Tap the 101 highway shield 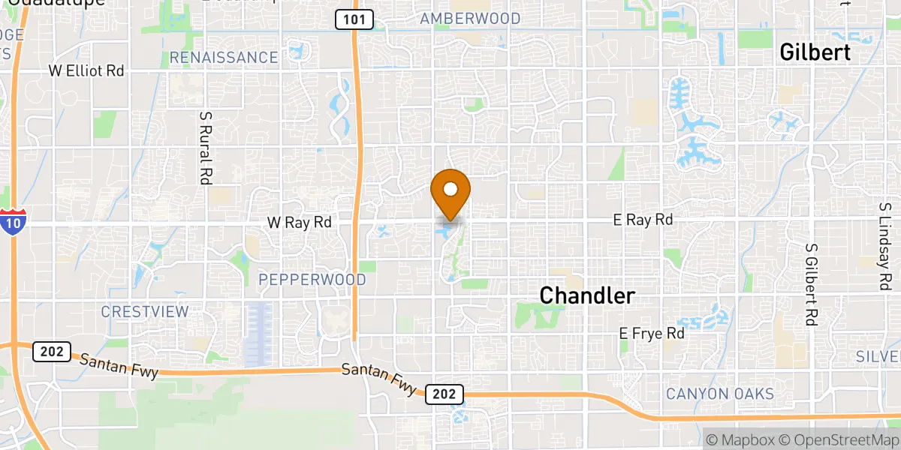pos(354,20)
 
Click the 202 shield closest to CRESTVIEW pos(52,351)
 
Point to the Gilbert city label pos(815,52)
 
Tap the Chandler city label pos(587,295)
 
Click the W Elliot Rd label pos(86,70)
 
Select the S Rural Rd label pos(204,148)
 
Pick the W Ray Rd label pos(300,222)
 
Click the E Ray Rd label pos(643,220)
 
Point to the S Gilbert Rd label pos(810,283)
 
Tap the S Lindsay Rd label pos(884,246)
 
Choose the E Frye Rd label pos(652,333)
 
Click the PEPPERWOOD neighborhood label pos(312,280)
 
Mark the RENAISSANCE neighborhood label pos(224,58)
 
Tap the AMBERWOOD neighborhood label pos(470,19)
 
